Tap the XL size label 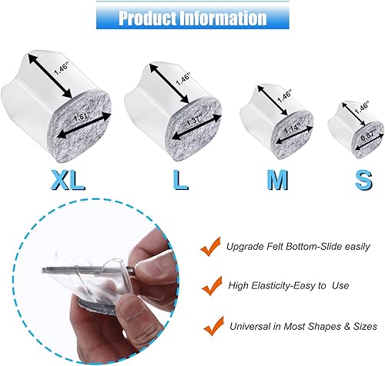68,179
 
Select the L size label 179,179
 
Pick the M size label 277,179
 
